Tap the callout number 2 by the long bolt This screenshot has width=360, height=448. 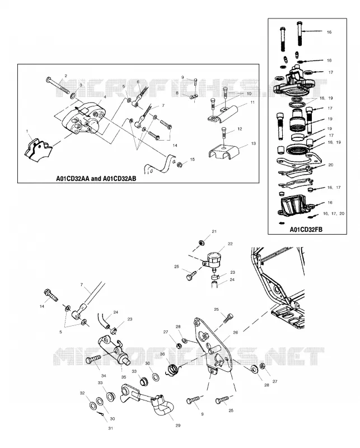pos(66,76)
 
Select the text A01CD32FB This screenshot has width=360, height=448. pos(306,230)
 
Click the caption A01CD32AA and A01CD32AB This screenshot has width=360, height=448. pos(96,179)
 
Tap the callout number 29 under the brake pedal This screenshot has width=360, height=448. pos(177,426)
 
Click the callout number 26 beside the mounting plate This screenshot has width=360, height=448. pos(235,332)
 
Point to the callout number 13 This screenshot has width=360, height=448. pos(253,143)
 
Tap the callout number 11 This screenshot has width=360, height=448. pos(253,102)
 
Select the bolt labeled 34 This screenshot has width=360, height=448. pos(93,359)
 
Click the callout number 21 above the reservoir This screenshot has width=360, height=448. pos(214,231)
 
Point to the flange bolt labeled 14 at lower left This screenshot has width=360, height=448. pos(51,295)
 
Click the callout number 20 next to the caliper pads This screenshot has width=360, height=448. pos(330,165)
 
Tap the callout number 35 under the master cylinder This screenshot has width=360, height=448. pos(123,377)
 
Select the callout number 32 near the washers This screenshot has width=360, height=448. pos(82,393)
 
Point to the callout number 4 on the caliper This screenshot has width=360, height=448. pos(105,97)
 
